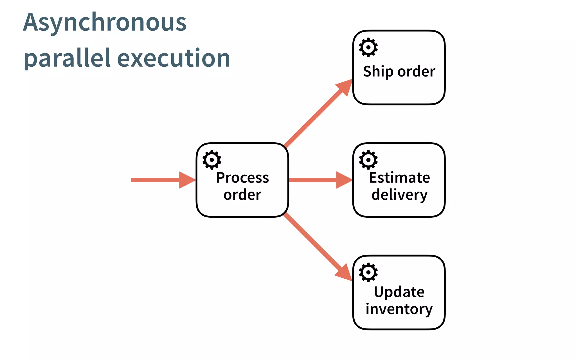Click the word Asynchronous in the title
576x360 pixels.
(105, 22)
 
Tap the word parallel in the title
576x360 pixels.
(67, 58)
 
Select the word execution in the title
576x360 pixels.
(174, 58)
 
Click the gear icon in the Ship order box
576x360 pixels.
(368, 47)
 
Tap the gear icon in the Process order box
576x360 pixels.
(211, 160)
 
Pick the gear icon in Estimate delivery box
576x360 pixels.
(368, 160)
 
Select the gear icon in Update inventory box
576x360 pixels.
(368, 272)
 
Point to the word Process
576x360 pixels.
(242, 178)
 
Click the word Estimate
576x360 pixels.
(399, 178)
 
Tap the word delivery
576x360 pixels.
(399, 195)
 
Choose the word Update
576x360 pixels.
(399, 292)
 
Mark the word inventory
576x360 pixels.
(399, 309)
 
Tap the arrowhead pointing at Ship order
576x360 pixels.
(345, 86)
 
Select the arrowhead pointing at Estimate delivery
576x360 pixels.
(344, 180)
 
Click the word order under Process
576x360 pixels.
(242, 195)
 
